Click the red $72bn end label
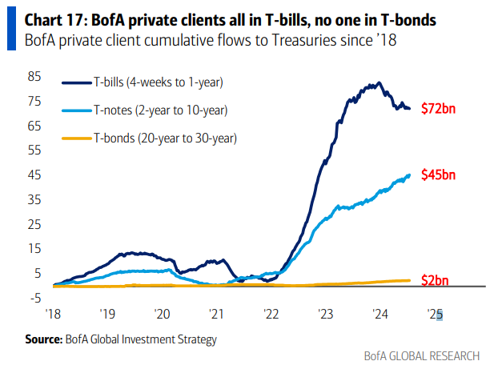[439, 108]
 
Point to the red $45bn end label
[439, 174]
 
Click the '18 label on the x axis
[53, 314]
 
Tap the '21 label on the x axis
[215, 314]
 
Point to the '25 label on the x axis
[434, 314]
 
